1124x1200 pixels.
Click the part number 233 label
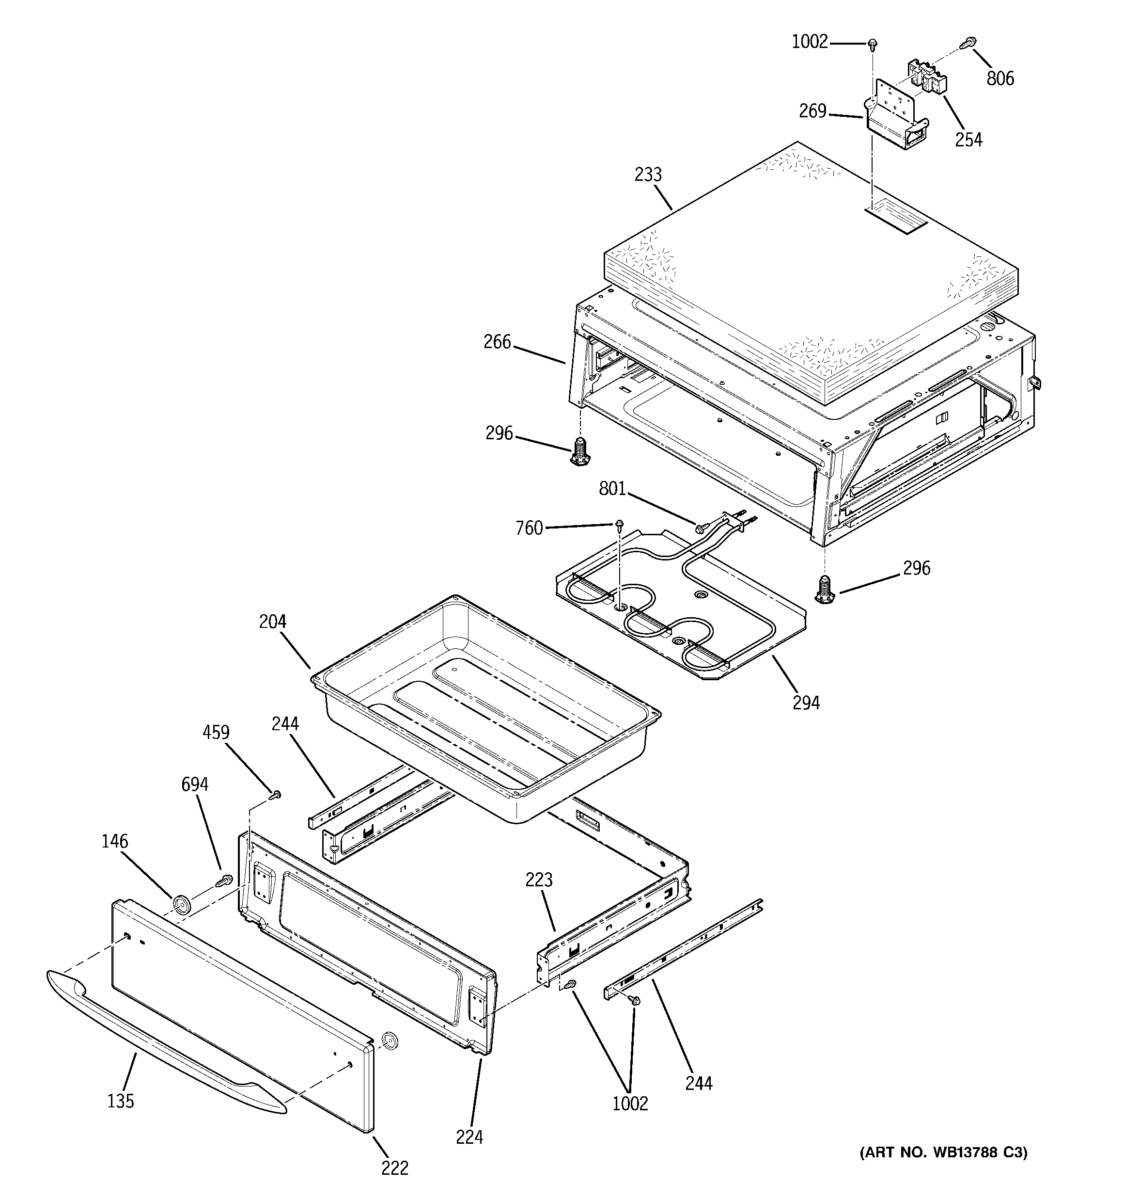point(648,175)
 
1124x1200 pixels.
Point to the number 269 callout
point(812,111)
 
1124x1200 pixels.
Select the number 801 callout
point(612,488)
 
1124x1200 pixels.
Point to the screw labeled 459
point(276,794)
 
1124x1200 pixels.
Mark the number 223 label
point(538,880)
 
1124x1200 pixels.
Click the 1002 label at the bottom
point(630,1104)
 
